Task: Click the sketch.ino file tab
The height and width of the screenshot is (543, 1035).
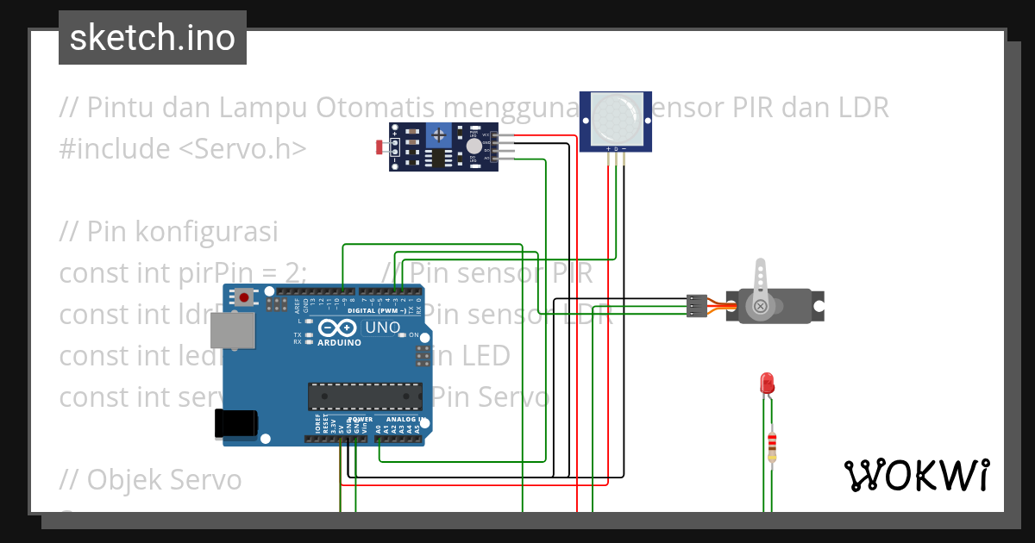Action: click(153, 38)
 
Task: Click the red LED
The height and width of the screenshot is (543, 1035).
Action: click(765, 384)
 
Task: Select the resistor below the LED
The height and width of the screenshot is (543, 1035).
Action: click(772, 446)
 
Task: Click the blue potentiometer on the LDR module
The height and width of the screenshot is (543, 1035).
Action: click(439, 134)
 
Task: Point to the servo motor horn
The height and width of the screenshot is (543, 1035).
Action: click(760, 285)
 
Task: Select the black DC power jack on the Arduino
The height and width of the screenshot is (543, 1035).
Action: click(235, 423)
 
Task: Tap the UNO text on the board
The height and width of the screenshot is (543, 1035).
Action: click(382, 328)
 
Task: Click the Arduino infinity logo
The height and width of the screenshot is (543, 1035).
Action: click(337, 328)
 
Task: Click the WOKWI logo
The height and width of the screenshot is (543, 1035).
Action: click(915, 475)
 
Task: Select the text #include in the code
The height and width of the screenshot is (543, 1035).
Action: click(115, 149)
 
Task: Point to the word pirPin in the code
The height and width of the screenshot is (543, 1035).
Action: click(216, 273)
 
